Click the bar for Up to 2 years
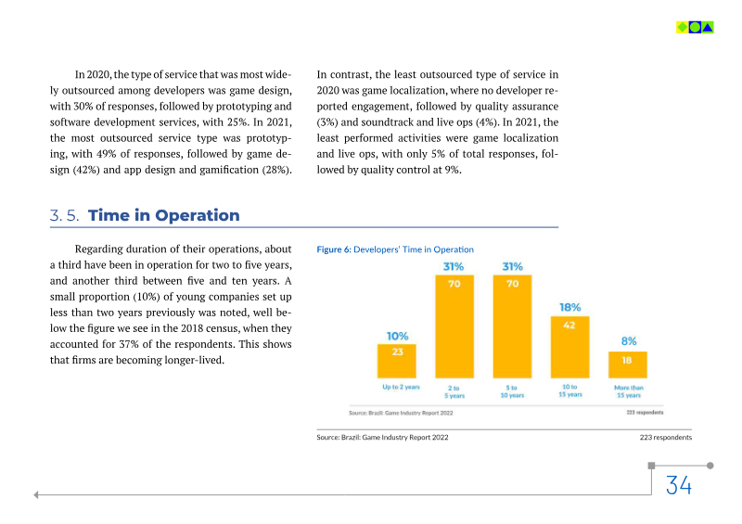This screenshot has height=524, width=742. click(397, 360)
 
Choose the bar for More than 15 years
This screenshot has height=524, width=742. click(628, 364)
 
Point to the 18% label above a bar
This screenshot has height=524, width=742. click(569, 307)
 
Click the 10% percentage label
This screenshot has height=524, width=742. click(397, 336)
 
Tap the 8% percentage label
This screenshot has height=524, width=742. click(628, 341)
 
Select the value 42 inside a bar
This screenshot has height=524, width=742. click(569, 325)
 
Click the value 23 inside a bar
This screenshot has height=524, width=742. click(397, 351)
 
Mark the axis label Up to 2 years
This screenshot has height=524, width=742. click(401, 387)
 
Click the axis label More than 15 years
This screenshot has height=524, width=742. click(628, 390)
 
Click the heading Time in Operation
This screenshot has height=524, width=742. click(163, 216)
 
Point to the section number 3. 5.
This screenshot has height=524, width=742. click(64, 216)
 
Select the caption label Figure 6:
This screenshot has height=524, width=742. click(334, 249)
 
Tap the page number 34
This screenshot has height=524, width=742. click(678, 485)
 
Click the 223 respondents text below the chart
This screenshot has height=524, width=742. click(665, 437)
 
